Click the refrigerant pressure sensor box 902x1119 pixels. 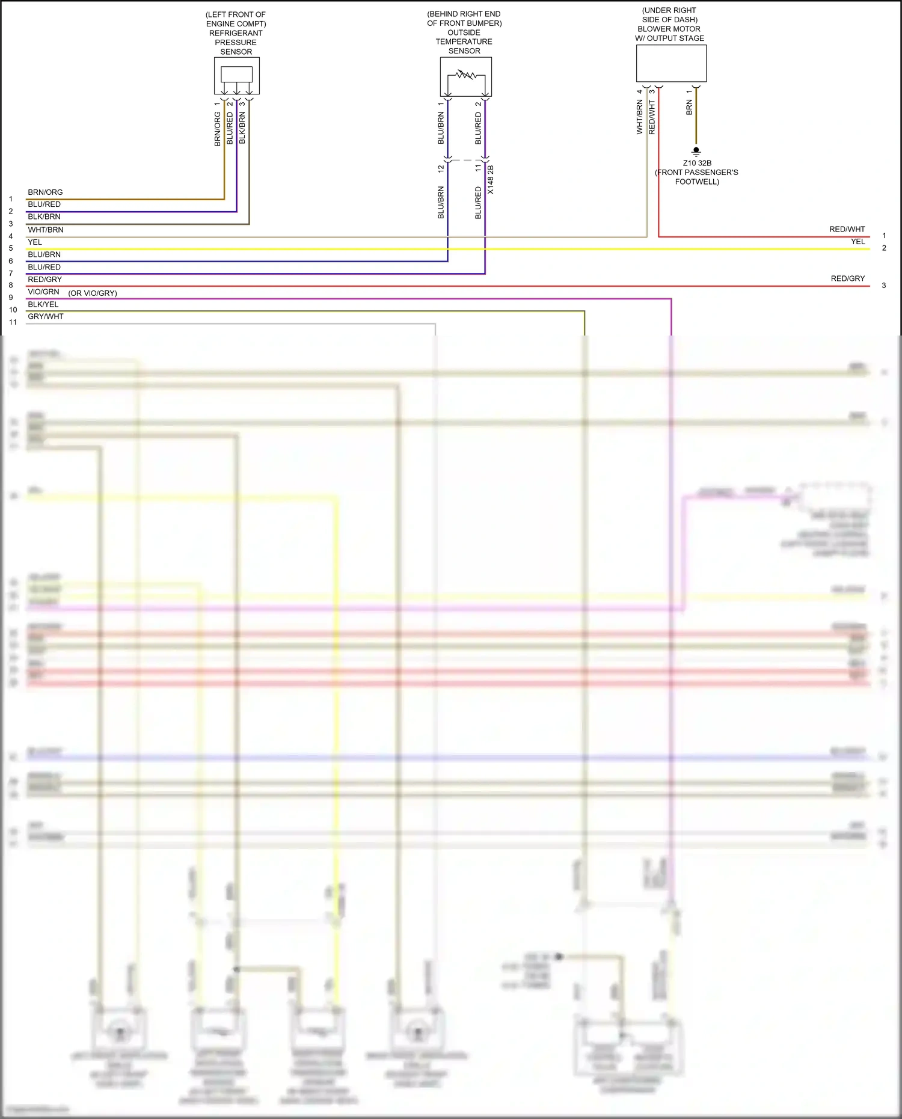[236, 75]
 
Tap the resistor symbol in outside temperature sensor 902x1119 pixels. [466, 75]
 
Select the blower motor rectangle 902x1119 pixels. [671, 63]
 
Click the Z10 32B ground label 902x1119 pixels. [697, 163]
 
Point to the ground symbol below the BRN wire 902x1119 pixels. [696, 152]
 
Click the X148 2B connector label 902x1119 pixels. [491, 179]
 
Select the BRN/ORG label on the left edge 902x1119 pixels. [45, 192]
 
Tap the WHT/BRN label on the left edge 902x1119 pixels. [45, 230]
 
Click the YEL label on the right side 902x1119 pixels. [858, 242]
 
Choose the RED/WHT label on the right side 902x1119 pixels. [847, 229]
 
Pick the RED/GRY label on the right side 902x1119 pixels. [847, 278]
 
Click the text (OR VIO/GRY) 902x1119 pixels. [93, 293]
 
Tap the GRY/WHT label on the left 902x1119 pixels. [45, 316]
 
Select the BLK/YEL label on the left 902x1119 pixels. [43, 304]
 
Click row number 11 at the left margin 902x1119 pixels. [13, 322]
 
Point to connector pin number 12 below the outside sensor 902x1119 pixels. [441, 169]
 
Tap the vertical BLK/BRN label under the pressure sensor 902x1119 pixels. [242, 127]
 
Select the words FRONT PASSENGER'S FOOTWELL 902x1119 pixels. [696, 177]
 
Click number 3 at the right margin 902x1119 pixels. [883, 286]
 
